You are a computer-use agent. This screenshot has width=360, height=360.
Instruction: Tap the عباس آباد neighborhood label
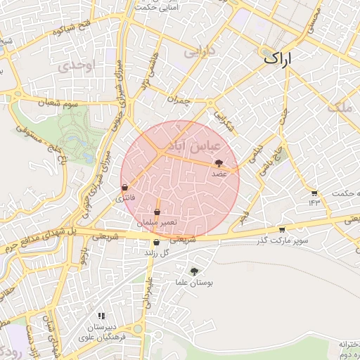(x=198, y=145)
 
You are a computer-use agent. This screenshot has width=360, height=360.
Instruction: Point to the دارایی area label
(x=198, y=51)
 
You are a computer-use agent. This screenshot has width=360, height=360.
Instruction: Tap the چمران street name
(x=184, y=101)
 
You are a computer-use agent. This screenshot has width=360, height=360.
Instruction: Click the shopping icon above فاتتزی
(x=125, y=188)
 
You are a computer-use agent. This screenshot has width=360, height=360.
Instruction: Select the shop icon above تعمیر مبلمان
(x=157, y=212)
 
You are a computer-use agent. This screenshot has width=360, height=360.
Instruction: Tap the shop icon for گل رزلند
(x=156, y=242)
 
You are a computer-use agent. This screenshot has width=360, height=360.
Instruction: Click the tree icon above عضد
(x=218, y=163)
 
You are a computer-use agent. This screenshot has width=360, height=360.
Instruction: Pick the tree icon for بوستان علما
(x=195, y=270)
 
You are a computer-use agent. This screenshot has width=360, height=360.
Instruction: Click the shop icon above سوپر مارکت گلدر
(x=282, y=229)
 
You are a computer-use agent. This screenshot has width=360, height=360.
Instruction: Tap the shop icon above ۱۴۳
(x=314, y=193)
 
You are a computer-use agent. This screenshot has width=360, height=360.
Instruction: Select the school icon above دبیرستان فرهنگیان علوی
(x=102, y=316)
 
